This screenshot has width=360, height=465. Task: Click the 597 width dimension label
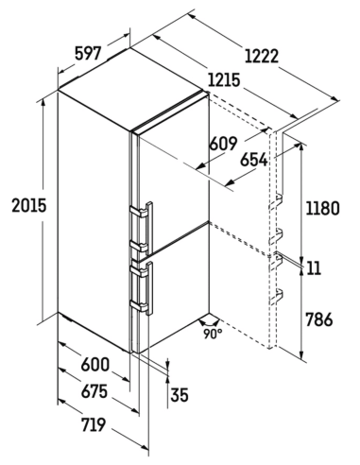click(x=88, y=53)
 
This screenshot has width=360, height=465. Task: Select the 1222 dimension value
click(x=262, y=57)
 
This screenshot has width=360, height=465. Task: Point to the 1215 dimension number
click(x=224, y=80)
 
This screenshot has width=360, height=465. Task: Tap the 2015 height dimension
click(x=29, y=206)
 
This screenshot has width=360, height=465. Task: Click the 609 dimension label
click(x=223, y=144)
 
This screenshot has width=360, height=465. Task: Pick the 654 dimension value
click(x=254, y=160)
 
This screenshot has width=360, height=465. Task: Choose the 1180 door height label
click(x=322, y=208)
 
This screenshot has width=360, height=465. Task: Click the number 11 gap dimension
click(x=313, y=268)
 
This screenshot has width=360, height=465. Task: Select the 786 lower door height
click(x=319, y=319)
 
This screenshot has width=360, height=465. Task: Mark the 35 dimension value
click(x=180, y=395)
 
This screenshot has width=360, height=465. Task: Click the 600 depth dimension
click(x=94, y=365)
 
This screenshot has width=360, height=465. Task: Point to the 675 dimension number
click(x=94, y=392)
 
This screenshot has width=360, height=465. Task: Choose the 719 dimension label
click(x=94, y=424)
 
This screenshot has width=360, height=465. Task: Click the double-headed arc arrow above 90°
click(x=210, y=324)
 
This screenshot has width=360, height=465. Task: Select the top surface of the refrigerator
click(x=133, y=89)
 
